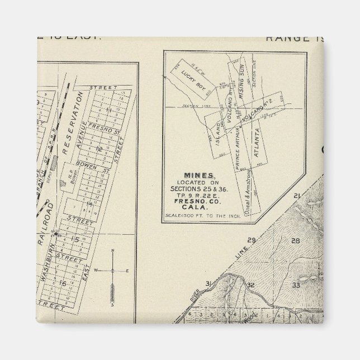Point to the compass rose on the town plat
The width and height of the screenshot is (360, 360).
[x=112, y=271]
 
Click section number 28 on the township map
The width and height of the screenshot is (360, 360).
[x=296, y=241]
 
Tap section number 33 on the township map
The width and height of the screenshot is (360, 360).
[x=297, y=285]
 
